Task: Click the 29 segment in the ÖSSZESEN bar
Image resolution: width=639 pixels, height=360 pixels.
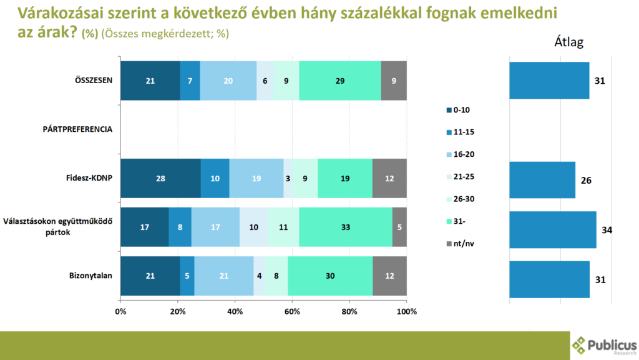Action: [x=340, y=81]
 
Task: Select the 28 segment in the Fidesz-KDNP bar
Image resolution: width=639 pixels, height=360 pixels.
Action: [x=160, y=178]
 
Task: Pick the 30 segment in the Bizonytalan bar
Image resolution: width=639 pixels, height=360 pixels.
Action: [x=329, y=276]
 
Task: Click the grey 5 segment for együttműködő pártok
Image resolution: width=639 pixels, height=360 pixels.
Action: [x=399, y=227]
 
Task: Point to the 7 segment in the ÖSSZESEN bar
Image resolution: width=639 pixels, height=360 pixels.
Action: [x=190, y=81]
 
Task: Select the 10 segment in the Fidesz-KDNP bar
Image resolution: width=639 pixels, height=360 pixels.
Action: [x=215, y=178]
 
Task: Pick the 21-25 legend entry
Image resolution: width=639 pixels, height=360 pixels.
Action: [x=463, y=176]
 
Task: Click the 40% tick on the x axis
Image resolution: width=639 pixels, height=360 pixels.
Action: [x=235, y=311]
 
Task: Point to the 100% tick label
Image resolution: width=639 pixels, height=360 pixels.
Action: [x=406, y=311]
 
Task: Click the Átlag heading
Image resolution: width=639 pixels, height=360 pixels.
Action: [x=568, y=42]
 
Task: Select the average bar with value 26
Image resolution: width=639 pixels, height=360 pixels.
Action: [x=542, y=179]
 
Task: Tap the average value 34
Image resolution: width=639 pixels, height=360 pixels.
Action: [x=607, y=230]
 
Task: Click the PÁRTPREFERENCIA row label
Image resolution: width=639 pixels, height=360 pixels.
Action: [x=78, y=129]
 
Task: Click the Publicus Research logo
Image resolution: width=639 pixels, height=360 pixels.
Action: [x=604, y=346]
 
